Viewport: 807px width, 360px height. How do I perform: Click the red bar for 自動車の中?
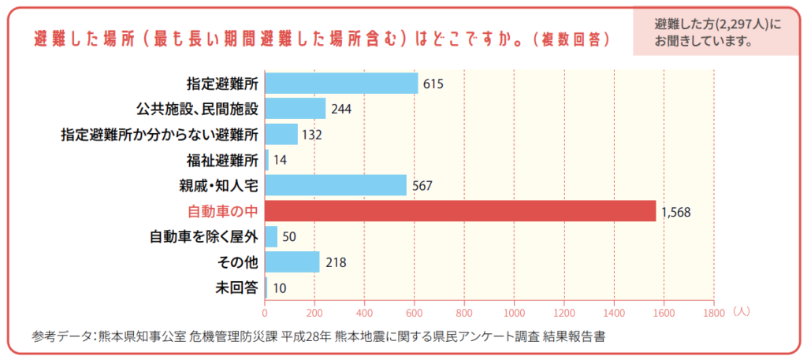point(460,211)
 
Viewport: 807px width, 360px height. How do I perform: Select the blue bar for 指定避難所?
point(341,83)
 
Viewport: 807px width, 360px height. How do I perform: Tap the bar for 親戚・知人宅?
point(336,185)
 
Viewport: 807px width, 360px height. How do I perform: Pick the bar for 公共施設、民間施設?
point(296,108)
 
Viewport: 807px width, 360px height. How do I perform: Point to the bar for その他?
point(292,262)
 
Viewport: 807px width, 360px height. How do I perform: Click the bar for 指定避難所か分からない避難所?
point(281,134)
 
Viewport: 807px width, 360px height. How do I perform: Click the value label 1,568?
point(676,212)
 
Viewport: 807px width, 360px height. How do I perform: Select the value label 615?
point(433,84)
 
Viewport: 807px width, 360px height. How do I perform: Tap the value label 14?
point(281,161)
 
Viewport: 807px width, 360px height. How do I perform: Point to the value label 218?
point(336,262)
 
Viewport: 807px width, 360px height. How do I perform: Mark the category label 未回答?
point(237,288)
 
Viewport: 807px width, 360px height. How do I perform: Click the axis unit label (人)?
point(740,311)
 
